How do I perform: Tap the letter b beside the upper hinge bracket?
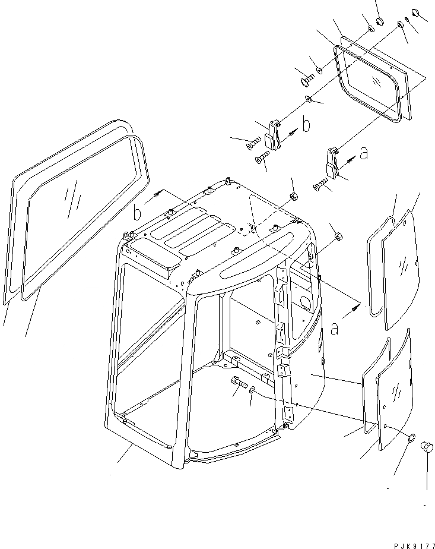pos(306,125)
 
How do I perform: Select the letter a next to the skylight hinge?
pos(364,154)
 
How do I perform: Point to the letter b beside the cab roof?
pos(137,212)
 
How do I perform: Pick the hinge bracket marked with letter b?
pos(272,135)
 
